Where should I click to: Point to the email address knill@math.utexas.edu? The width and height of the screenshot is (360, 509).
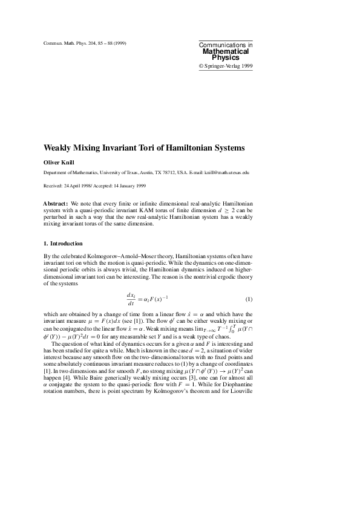point(227,172)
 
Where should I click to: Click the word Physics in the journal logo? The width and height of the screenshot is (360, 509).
point(226,58)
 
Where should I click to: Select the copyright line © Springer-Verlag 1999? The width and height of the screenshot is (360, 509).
point(226,65)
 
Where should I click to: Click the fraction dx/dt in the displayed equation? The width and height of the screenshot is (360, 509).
point(131,299)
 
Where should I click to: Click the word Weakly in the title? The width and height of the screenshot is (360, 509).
point(59,148)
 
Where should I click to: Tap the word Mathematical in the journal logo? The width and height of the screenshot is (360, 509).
point(226,51)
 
